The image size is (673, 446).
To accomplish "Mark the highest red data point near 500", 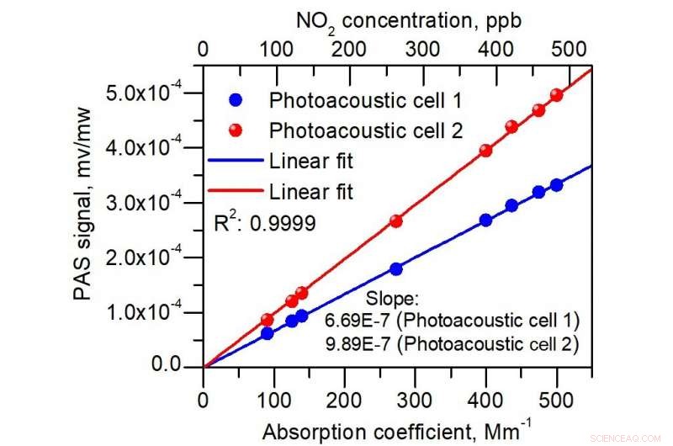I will point(555,95).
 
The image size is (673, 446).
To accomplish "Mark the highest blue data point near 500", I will point(556,185).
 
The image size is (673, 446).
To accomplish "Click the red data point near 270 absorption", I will point(395,220).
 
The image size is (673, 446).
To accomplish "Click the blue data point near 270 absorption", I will point(395,268).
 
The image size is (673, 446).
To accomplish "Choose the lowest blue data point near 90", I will point(267,333).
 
